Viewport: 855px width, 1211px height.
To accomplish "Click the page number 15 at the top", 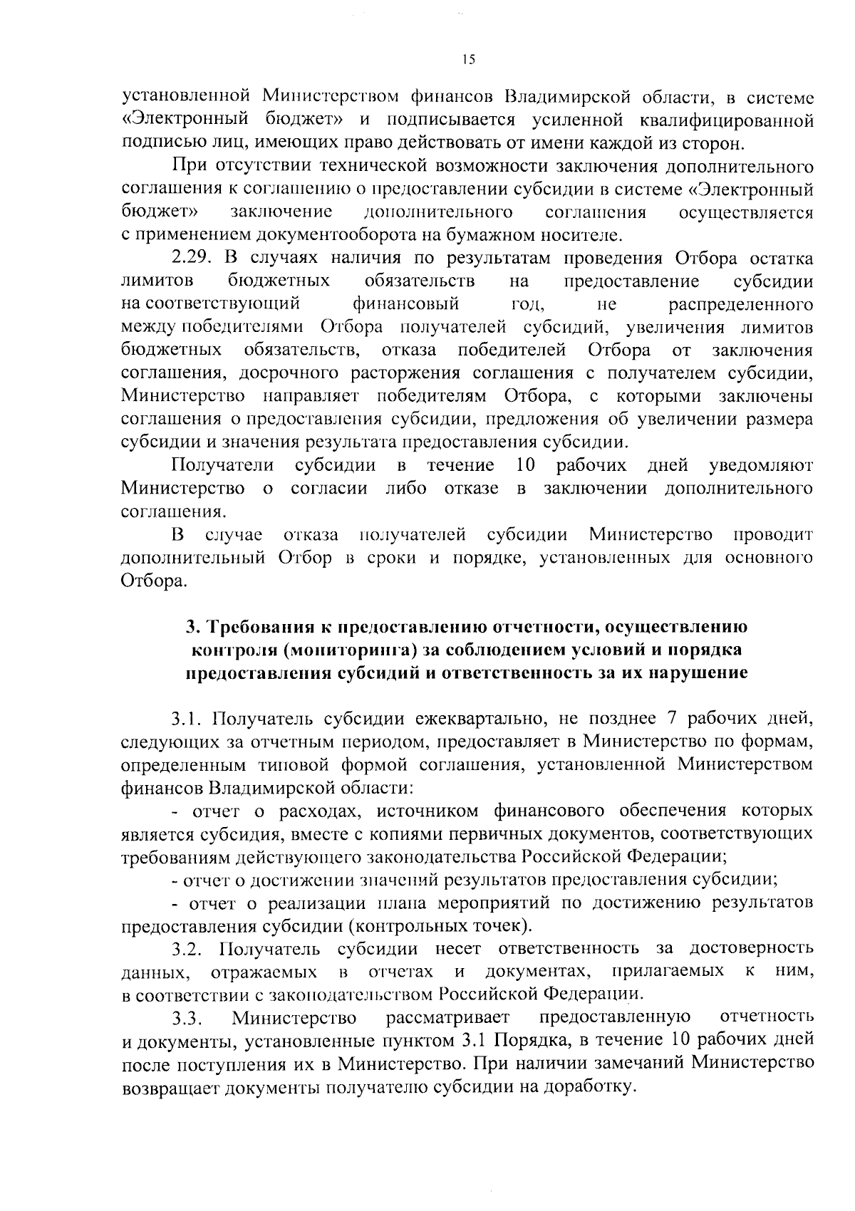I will pyautogui.click(x=468, y=61).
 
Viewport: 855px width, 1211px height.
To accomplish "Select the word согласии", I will pyautogui.click(x=329, y=489).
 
